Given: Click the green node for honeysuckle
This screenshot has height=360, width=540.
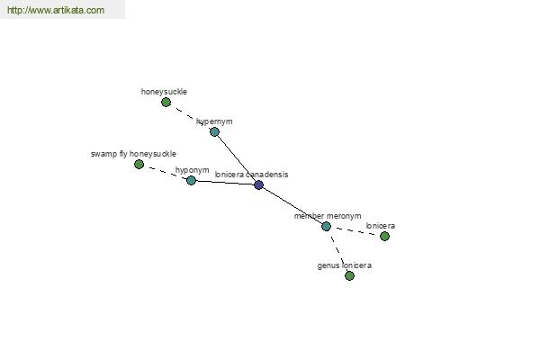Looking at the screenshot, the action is (166, 102).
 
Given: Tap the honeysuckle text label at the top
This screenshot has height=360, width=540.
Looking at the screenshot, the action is (164, 92).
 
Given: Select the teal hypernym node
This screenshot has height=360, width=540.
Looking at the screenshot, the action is (214, 131).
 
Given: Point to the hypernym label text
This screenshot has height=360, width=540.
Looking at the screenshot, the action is (214, 121).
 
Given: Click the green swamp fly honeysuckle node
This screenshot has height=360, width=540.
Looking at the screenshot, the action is (139, 165).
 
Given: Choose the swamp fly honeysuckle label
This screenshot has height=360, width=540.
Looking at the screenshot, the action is (133, 154).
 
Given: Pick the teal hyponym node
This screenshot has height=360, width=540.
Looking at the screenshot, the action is (191, 180).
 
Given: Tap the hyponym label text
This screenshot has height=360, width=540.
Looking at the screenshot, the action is (193, 170).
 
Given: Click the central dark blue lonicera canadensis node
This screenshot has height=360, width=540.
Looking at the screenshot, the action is (258, 185).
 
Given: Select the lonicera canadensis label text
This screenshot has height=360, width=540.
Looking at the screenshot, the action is (251, 175).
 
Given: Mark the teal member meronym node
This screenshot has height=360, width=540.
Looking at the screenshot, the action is (326, 226).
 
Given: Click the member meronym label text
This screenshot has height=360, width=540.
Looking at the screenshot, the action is (328, 216).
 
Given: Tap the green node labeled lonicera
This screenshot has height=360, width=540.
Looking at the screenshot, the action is (384, 236).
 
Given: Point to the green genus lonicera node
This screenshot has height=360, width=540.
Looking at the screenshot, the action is (349, 275).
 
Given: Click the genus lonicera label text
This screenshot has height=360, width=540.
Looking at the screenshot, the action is (345, 265).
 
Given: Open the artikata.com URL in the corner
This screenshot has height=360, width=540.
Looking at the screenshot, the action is (56, 10).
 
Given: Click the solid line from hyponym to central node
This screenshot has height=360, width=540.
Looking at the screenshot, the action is (225, 183).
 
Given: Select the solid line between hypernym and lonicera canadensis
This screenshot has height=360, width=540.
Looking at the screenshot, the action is (237, 158).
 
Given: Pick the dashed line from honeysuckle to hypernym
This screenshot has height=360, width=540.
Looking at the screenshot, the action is (190, 117).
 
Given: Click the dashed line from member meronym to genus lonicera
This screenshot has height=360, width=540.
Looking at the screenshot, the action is (337, 251).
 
